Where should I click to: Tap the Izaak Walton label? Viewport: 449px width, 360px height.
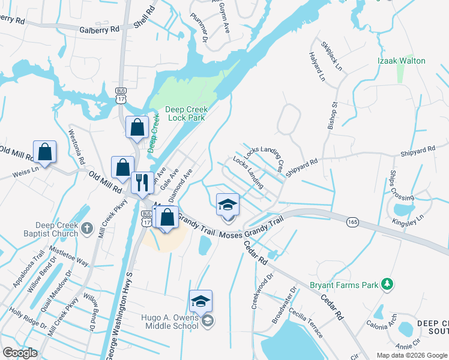[402, 61]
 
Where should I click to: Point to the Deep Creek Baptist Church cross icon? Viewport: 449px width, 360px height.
[88, 227]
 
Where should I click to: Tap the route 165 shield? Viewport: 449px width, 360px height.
[353, 222]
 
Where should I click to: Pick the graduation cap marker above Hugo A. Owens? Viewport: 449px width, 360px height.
[201, 301]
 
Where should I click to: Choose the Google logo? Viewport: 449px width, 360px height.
[20, 353]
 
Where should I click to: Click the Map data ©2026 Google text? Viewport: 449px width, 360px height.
[411, 355]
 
